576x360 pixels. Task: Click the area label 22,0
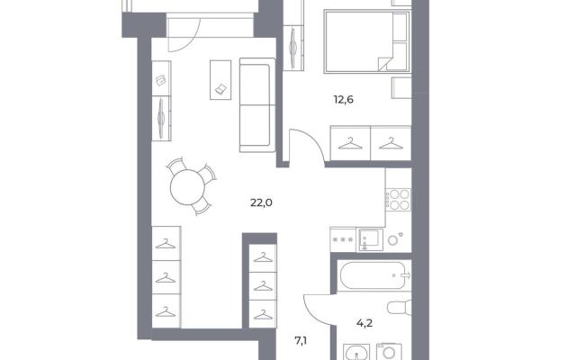coord(261,202)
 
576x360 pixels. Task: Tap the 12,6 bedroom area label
coord(344,100)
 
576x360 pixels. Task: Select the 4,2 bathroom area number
coord(364,323)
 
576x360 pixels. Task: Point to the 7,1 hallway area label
coord(301,341)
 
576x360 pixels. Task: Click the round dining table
coord(187,187)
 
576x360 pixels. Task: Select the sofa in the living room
coord(257,104)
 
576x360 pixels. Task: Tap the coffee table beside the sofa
coord(220,80)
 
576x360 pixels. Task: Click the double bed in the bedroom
coord(366,41)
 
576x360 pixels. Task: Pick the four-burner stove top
coord(399,200)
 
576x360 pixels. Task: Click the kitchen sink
coord(371,239)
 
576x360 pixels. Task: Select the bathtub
coord(374,275)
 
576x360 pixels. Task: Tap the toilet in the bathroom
coord(400,308)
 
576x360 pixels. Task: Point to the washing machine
coord(389,352)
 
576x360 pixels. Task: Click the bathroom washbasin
coord(356,352)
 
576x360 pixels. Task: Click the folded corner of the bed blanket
coord(385,63)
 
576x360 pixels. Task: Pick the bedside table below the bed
coord(401,88)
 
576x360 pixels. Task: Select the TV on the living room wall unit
coord(161,117)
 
